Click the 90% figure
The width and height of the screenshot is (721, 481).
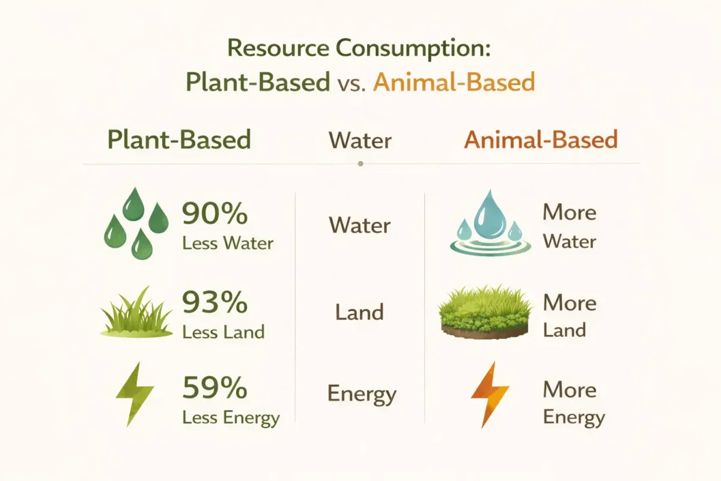pos(214,213)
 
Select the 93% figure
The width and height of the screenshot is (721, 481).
pos(214,302)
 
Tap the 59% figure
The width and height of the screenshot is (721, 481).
pos(214,387)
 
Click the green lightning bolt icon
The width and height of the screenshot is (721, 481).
pos(135,394)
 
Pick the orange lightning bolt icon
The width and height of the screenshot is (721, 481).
pos(490,394)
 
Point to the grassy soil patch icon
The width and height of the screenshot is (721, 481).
pos(485,311)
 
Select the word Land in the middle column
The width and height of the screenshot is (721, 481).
pos(359,312)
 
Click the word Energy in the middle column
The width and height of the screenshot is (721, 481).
pos(362,394)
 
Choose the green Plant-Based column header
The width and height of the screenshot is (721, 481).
pos(179,139)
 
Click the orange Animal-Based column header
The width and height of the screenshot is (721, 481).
pos(541,139)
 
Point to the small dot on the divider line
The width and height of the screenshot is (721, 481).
pos(360,164)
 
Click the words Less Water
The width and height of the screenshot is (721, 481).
pos(228,243)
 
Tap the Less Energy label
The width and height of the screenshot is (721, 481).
pos(231,418)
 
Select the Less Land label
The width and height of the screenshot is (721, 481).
pos(223,332)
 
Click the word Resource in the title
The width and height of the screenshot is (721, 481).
pos(278,48)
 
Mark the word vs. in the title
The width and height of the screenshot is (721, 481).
pos(351,84)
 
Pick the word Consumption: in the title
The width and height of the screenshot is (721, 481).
pos(413,49)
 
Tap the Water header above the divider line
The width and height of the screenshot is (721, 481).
pos(360,141)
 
